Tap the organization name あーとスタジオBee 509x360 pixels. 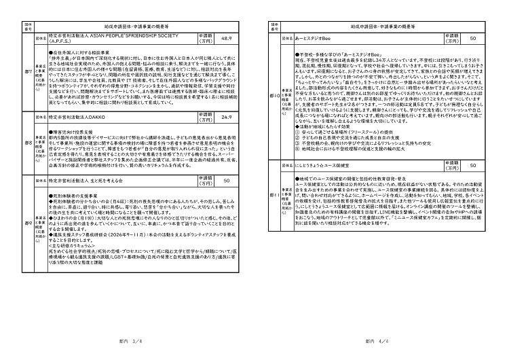click(x=313, y=40)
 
